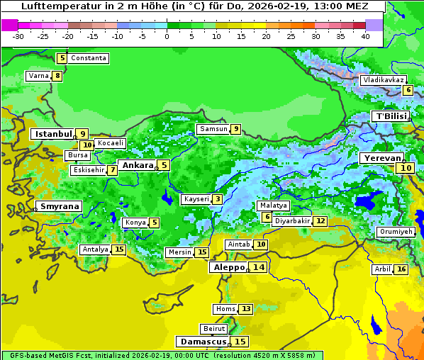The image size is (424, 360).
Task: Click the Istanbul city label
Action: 53,133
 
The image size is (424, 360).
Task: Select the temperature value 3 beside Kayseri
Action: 217,199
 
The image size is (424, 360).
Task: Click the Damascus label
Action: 203,342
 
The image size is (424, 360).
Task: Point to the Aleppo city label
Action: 228,267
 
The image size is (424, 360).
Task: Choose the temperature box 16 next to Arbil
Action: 401,269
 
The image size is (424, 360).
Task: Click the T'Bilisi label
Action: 391,116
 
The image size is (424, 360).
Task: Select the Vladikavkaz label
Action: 383,80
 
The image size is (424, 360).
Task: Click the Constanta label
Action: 89,58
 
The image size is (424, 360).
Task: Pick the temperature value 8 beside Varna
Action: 57,76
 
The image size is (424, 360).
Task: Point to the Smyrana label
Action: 60,206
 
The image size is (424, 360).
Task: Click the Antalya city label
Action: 95,249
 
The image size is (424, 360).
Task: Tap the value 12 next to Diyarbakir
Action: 320,221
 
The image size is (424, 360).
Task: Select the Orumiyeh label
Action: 395,232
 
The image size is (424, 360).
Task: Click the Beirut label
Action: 213,329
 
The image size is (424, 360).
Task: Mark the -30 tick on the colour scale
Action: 18,35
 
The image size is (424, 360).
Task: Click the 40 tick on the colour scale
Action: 365,35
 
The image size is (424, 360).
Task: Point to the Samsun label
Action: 213,129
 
